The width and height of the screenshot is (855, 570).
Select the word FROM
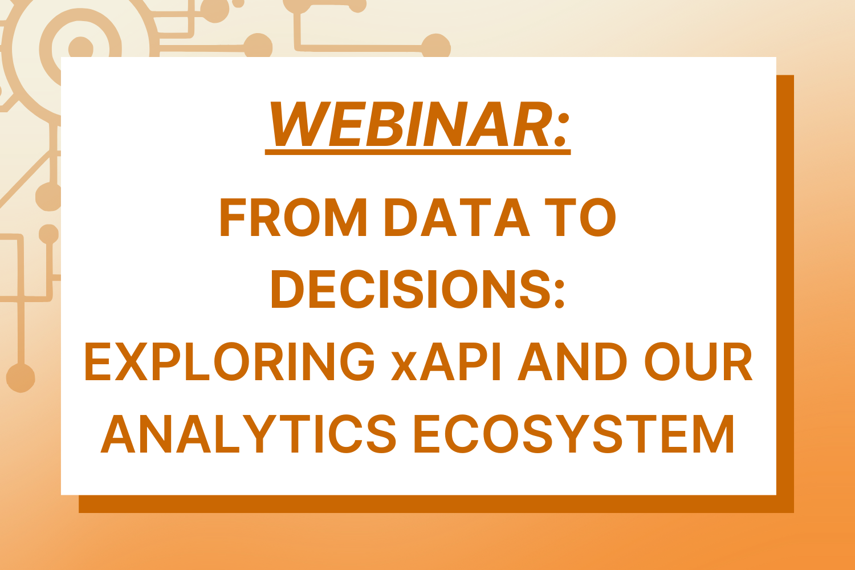293,217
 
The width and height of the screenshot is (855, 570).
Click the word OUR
698,361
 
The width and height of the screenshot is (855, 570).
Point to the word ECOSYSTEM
573,433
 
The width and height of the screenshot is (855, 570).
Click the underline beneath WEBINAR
418,152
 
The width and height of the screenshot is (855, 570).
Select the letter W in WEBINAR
300,124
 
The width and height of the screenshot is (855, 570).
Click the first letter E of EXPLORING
97,361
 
